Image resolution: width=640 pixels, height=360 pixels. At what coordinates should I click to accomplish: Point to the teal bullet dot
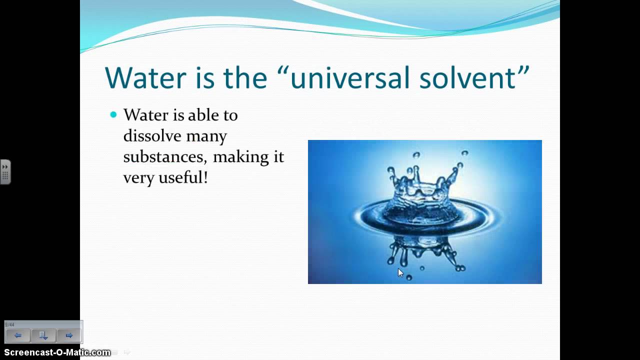[x=113, y=115]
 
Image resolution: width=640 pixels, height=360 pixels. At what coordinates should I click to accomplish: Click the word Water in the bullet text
[x=145, y=115]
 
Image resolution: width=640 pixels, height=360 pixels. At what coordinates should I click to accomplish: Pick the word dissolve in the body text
[x=152, y=136]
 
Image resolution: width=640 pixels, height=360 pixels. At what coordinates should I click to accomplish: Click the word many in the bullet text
[x=206, y=136]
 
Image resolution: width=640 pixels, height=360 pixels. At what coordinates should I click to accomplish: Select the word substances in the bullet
[x=165, y=157]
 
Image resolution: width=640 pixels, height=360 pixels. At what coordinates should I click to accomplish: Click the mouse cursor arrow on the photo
[x=400, y=272]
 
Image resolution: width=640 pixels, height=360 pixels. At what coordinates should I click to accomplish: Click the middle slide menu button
[x=43, y=335]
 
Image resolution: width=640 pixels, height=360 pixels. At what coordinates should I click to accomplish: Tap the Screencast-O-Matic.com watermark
[x=57, y=352]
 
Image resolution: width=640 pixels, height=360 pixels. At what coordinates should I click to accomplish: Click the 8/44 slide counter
[x=9, y=324]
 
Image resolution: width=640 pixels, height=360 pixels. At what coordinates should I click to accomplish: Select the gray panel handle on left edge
[x=5, y=172]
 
